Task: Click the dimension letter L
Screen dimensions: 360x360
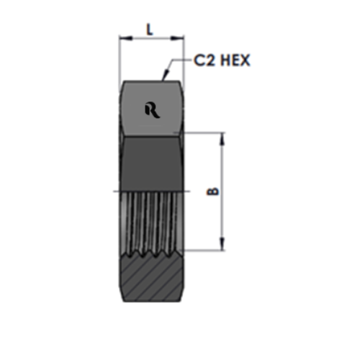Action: point(150,30)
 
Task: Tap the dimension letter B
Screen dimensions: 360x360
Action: point(213,192)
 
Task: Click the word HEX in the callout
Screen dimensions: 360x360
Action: point(235,60)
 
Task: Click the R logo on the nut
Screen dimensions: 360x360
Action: point(153,111)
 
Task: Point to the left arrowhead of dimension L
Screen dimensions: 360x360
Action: point(125,38)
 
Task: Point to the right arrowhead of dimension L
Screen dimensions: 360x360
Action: point(177,38)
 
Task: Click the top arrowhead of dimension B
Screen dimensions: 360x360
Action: point(222,139)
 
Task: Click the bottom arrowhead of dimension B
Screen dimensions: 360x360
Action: point(222,244)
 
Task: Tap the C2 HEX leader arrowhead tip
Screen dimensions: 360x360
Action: point(163,80)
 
